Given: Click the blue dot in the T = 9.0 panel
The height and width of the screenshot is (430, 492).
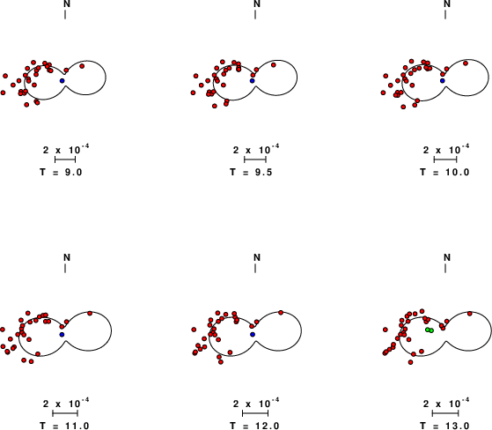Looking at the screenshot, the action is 62,81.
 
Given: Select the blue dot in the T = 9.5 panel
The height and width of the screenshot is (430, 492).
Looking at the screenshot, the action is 253,81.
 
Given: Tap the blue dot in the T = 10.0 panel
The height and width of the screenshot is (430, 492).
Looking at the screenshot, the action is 443,81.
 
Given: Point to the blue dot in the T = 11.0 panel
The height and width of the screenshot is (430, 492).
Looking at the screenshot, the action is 62,335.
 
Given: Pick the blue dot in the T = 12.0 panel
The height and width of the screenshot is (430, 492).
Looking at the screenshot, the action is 253,335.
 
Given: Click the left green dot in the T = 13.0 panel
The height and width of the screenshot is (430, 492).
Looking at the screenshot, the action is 428,330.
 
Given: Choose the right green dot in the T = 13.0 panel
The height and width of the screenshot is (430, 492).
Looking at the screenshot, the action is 431,330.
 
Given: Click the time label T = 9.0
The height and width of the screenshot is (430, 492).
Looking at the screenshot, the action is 62,172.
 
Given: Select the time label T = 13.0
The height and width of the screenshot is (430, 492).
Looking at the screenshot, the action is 444,426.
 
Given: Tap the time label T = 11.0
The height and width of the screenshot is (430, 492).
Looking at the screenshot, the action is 64,426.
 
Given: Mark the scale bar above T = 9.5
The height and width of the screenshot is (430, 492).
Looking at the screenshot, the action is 255,159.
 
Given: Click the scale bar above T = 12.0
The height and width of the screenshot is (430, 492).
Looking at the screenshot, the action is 255,413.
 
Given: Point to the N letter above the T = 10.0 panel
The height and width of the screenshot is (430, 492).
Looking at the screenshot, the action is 447,4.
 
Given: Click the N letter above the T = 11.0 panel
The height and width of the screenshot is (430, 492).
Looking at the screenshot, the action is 67,257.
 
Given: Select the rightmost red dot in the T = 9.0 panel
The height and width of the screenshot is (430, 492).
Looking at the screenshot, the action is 82,66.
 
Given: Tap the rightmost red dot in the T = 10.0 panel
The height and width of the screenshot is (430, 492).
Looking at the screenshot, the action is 466,63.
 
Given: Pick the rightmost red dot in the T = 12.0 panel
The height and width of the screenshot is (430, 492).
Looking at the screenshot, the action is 281,313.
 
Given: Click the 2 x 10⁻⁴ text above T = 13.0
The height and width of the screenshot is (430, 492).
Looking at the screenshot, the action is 446,403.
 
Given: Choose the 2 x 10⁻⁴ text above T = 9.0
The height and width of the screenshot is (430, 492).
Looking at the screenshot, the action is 66,149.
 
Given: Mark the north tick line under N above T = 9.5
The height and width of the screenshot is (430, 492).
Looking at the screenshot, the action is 255,14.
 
